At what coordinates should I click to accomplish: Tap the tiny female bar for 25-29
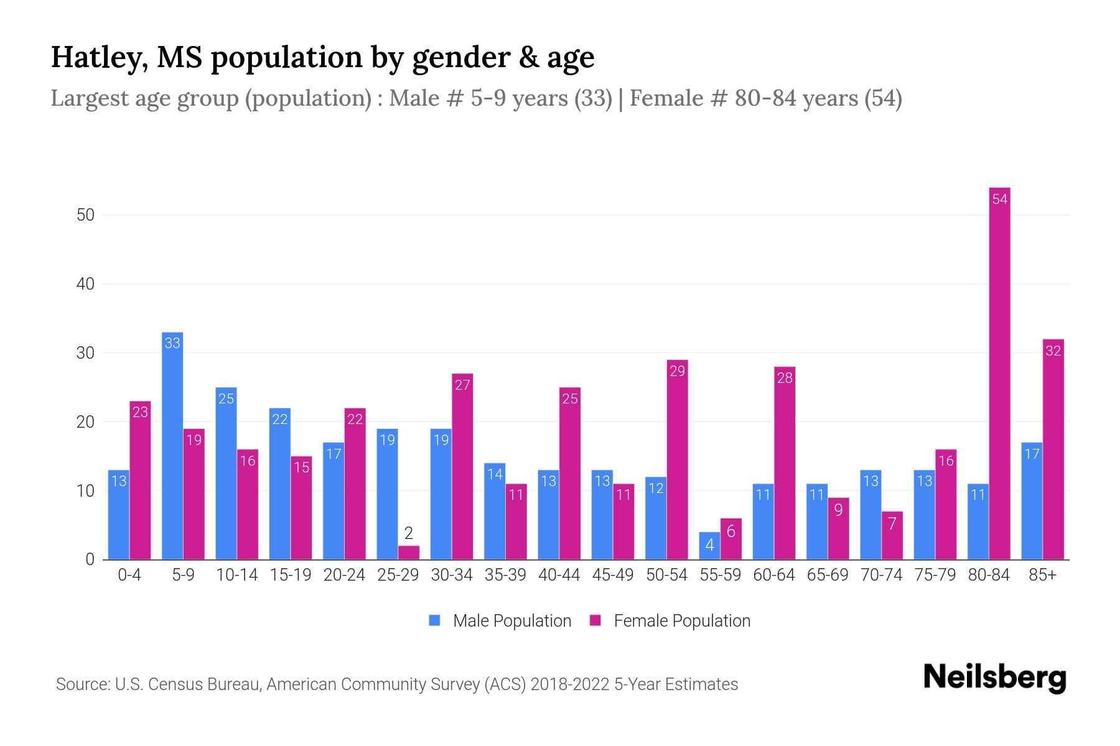[x=409, y=553]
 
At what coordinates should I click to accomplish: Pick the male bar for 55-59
[x=709, y=546]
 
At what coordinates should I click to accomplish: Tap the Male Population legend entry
[x=500, y=620]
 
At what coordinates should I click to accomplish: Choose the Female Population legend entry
[x=670, y=620]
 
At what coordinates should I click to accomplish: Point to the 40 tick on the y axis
[x=85, y=284]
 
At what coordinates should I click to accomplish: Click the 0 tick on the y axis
[x=90, y=559]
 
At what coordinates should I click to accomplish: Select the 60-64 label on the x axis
[x=773, y=575]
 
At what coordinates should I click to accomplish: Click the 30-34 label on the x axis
[x=452, y=575]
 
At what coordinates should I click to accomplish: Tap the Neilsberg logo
[x=994, y=678]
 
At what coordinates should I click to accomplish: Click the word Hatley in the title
[x=100, y=57]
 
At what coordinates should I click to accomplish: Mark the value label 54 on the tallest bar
[x=999, y=200]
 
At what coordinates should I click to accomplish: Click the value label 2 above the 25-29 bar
[x=409, y=533]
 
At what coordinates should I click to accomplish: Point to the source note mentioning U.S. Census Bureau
[x=396, y=684]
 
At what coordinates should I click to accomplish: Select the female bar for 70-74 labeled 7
[x=892, y=536]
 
